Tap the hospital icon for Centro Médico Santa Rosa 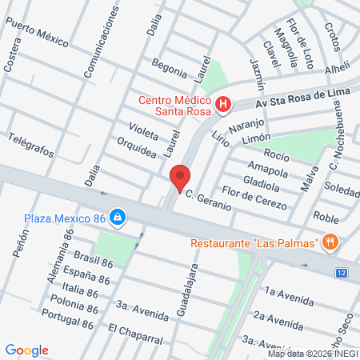(x=224, y=104)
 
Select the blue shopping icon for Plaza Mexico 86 (x=118, y=216)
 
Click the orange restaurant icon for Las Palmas (x=330, y=242)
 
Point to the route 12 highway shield (x=342, y=274)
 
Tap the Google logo (x=26, y=350)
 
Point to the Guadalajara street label (x=193, y=289)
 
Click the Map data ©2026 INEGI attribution (x=313, y=353)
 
